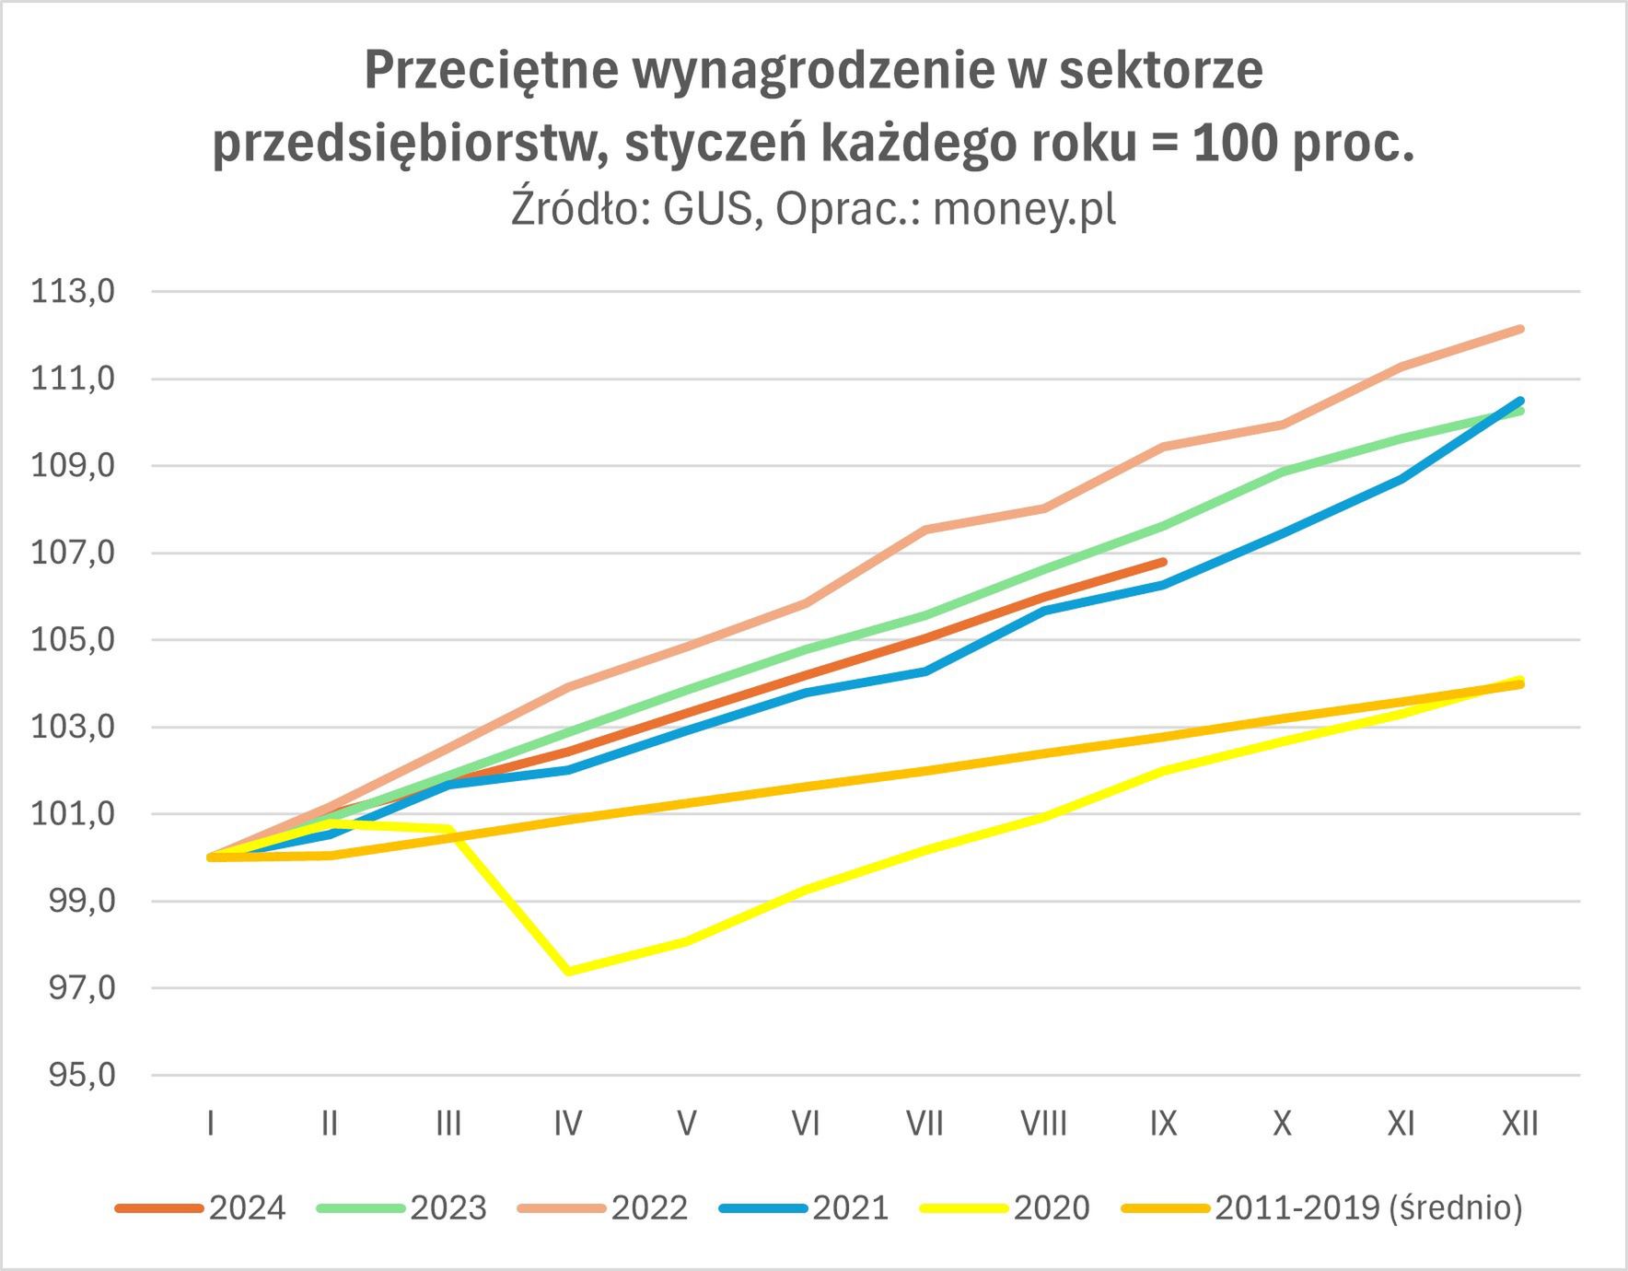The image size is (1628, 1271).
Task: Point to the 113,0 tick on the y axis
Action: [74, 292]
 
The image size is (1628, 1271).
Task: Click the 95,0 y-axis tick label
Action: [81, 1075]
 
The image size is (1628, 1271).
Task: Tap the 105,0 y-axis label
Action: [74, 640]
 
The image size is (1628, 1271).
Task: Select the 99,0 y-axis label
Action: [81, 901]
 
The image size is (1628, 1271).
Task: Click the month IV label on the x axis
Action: [568, 1124]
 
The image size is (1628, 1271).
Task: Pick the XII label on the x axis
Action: [1519, 1124]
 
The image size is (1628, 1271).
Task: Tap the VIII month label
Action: [1043, 1124]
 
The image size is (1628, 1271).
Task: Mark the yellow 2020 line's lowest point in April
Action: [568, 971]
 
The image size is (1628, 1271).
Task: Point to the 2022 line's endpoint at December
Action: [1520, 329]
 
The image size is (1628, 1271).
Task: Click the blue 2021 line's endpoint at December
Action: [1519, 401]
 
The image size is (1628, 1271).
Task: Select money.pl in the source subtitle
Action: [1024, 209]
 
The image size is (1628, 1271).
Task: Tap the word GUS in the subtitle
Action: [708, 209]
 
